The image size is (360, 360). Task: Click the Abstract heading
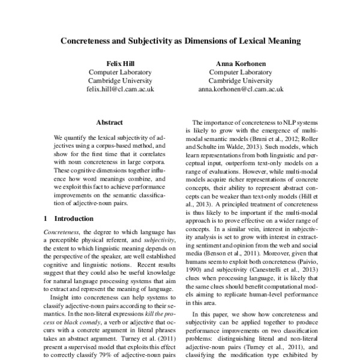[109, 122]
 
